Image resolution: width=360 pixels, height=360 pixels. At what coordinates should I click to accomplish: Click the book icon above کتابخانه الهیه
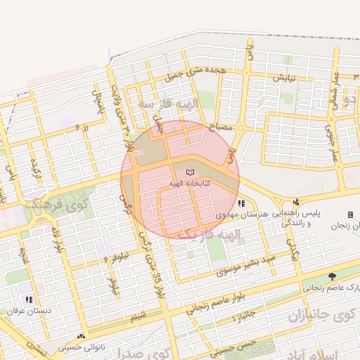tap(188, 172)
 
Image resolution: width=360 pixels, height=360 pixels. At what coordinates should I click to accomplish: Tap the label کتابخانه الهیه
tap(191, 184)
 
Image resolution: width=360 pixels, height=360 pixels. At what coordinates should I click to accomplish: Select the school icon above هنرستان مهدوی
tap(241, 203)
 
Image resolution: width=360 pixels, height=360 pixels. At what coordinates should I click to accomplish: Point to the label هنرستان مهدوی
tap(240, 213)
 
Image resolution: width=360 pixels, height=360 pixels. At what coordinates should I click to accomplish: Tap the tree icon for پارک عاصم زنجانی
tap(332, 277)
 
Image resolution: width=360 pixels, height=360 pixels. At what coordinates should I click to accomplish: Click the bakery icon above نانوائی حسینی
tap(82, 337)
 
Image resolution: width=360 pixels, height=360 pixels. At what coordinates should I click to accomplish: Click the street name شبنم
tap(138, 316)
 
